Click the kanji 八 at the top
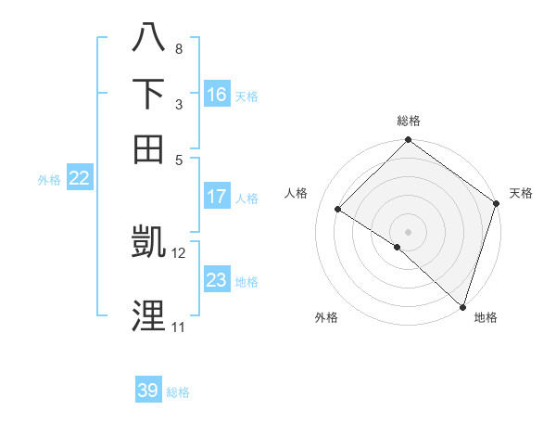tap(148, 38)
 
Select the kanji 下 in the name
tap(148, 94)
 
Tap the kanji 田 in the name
tap(148, 148)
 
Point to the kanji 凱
tap(148, 243)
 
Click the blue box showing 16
tap(217, 95)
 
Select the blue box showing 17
tap(217, 197)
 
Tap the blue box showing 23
tap(217, 280)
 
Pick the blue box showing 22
tap(79, 179)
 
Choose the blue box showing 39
tap(148, 391)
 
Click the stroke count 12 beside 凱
tap(179, 252)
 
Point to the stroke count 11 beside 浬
tap(179, 327)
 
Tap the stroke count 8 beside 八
tap(179, 48)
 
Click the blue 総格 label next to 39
tap(178, 392)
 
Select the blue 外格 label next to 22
tap(48, 181)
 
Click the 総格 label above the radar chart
tap(409, 121)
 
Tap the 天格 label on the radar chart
tap(521, 193)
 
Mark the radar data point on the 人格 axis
tap(338, 210)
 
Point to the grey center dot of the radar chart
tap(409, 231)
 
